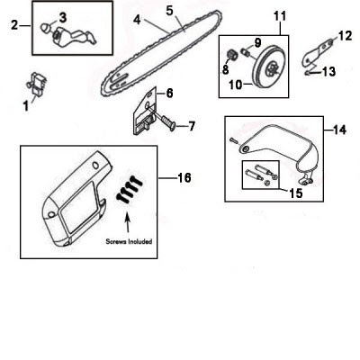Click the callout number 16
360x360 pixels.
184,178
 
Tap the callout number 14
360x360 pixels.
339,130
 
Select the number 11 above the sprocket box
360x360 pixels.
280,16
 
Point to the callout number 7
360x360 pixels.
192,126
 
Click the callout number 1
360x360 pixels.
26,105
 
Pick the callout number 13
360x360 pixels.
328,72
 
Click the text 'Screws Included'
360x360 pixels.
129,241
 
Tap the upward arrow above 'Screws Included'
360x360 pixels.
128,221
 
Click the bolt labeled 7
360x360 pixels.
166,122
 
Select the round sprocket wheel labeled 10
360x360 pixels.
267,67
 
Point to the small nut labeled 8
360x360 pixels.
232,55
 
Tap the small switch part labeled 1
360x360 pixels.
38,83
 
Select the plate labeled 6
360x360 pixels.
145,111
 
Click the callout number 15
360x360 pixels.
296,193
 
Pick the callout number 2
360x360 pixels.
14,24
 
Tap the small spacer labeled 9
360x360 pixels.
247,52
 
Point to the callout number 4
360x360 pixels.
137,20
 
